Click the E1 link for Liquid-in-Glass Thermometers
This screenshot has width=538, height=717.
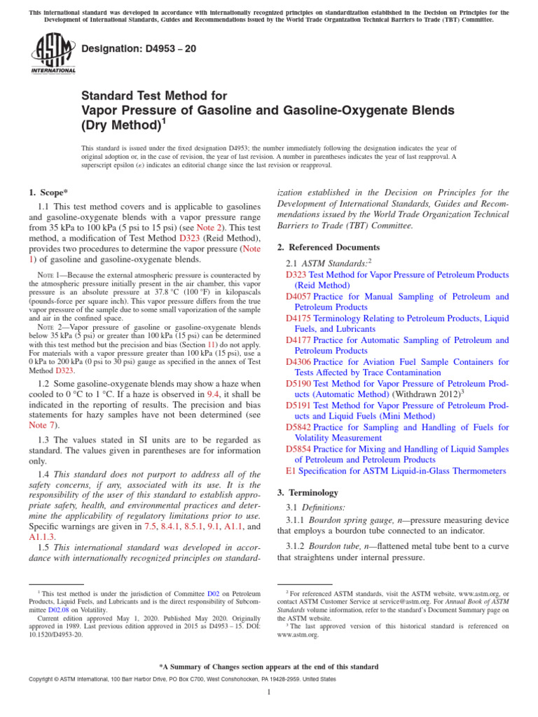pyautogui.click(x=291, y=471)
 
